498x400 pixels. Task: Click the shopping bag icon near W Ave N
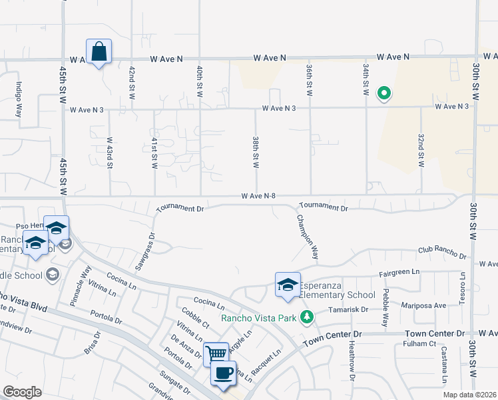(x=99, y=51)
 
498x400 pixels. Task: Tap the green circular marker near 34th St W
(x=383, y=94)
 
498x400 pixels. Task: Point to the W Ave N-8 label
(x=259, y=196)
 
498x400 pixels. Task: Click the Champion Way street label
(x=308, y=237)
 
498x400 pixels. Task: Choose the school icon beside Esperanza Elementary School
(x=288, y=285)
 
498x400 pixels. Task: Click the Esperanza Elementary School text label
(x=338, y=290)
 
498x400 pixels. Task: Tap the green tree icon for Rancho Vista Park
(x=306, y=317)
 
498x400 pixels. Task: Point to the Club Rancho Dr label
(x=442, y=252)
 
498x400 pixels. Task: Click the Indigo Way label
(x=19, y=99)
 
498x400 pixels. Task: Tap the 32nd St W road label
(x=421, y=150)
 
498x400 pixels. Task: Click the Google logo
(x=22, y=392)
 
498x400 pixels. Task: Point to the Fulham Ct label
(x=419, y=344)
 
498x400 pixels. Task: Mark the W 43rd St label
(x=109, y=153)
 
